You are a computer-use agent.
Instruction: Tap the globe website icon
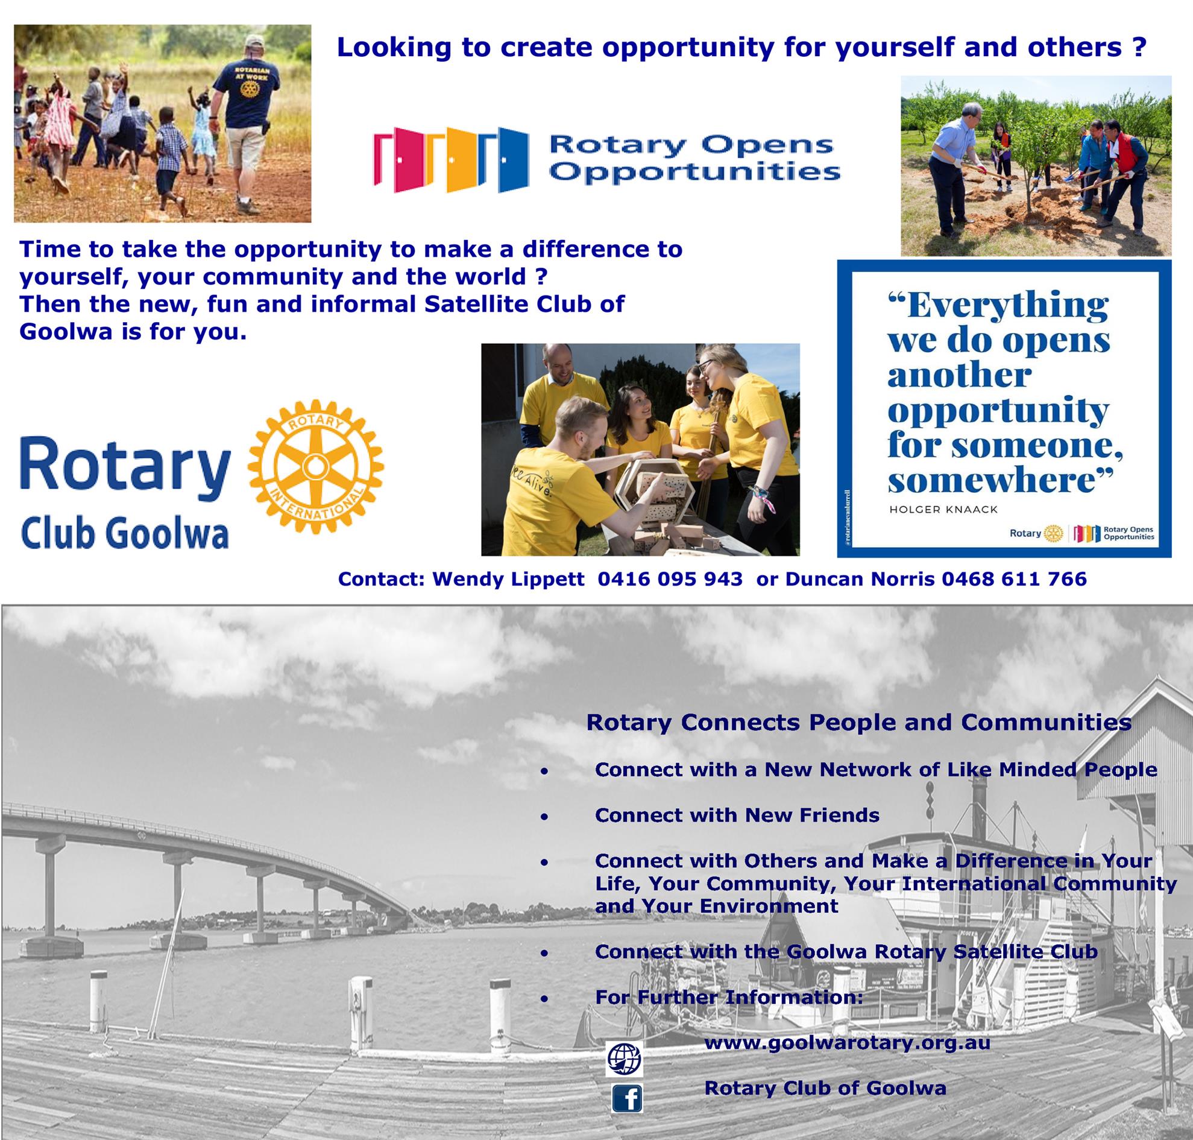pos(624,1059)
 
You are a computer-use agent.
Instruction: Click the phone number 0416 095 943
pos(670,579)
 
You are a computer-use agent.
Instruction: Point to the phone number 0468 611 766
pos(1014,579)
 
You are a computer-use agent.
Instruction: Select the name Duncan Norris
pos(860,579)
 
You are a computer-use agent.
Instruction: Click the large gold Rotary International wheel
pos(315,467)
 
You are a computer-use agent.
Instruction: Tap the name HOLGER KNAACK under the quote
pos(943,509)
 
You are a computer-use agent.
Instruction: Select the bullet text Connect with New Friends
pos(737,815)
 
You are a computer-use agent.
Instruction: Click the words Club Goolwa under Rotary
pos(125,535)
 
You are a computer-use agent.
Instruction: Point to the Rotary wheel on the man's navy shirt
pos(248,89)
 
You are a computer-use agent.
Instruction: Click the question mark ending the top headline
pos(1139,48)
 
